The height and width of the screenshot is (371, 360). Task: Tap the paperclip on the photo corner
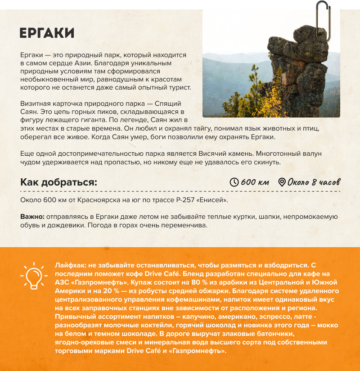[x=322, y=22]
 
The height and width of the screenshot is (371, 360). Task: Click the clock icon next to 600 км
[x=234, y=182]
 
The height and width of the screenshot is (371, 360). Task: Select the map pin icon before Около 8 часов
[x=282, y=182]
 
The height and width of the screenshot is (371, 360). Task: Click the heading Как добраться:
[x=58, y=182]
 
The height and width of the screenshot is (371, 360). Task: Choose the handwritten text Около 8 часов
[x=314, y=182]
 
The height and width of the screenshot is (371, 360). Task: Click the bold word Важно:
[x=32, y=217]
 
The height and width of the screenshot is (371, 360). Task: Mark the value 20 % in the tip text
[x=101, y=291]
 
